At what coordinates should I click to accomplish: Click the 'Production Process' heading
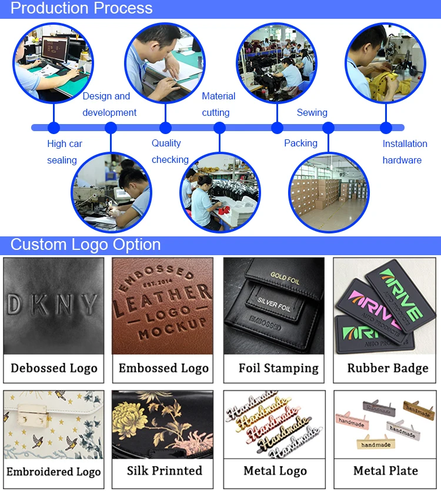(x=82, y=8)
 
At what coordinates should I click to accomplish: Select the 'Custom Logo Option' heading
(x=85, y=245)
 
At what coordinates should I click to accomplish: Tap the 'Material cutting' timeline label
(x=218, y=104)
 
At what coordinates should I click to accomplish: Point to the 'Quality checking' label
(x=170, y=151)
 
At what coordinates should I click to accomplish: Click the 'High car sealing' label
(x=65, y=152)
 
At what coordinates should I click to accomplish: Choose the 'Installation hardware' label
(x=405, y=152)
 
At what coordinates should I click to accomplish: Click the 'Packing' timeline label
(x=300, y=143)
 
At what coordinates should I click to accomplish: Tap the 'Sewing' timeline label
(x=312, y=112)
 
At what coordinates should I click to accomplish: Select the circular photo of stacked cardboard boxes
(x=328, y=192)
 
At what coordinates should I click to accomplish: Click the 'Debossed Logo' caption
(x=54, y=369)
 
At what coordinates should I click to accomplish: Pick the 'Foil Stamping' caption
(x=278, y=369)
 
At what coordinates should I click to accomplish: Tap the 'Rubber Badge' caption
(x=387, y=369)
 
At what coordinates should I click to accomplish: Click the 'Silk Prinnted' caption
(x=164, y=470)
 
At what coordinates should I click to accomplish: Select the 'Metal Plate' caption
(x=386, y=470)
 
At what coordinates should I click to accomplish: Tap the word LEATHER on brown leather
(x=163, y=298)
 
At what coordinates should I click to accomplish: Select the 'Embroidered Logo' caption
(x=54, y=472)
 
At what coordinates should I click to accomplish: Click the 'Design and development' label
(x=109, y=104)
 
